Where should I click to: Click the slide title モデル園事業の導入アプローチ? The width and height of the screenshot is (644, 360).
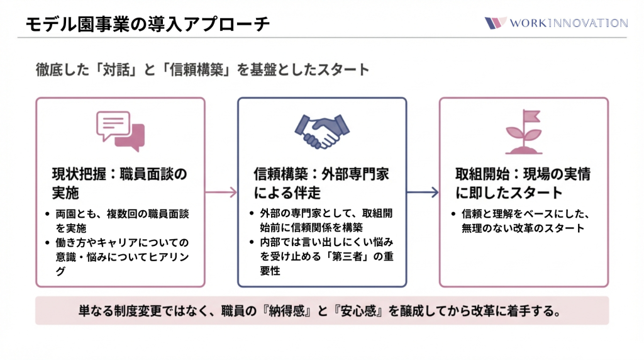(148, 24)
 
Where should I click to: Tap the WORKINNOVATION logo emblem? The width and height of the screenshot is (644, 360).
(496, 23)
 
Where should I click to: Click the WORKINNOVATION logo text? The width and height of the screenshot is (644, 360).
(569, 23)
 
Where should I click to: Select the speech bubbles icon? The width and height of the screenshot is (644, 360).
(120, 131)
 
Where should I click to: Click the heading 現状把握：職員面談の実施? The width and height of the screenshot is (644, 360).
(120, 183)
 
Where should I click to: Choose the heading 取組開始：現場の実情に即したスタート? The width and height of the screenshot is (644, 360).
(523, 183)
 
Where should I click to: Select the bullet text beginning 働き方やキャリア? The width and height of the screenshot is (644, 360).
(122, 249)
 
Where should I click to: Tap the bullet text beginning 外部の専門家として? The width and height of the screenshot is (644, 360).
(325, 220)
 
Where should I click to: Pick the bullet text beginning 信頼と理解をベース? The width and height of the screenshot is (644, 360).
(526, 220)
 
